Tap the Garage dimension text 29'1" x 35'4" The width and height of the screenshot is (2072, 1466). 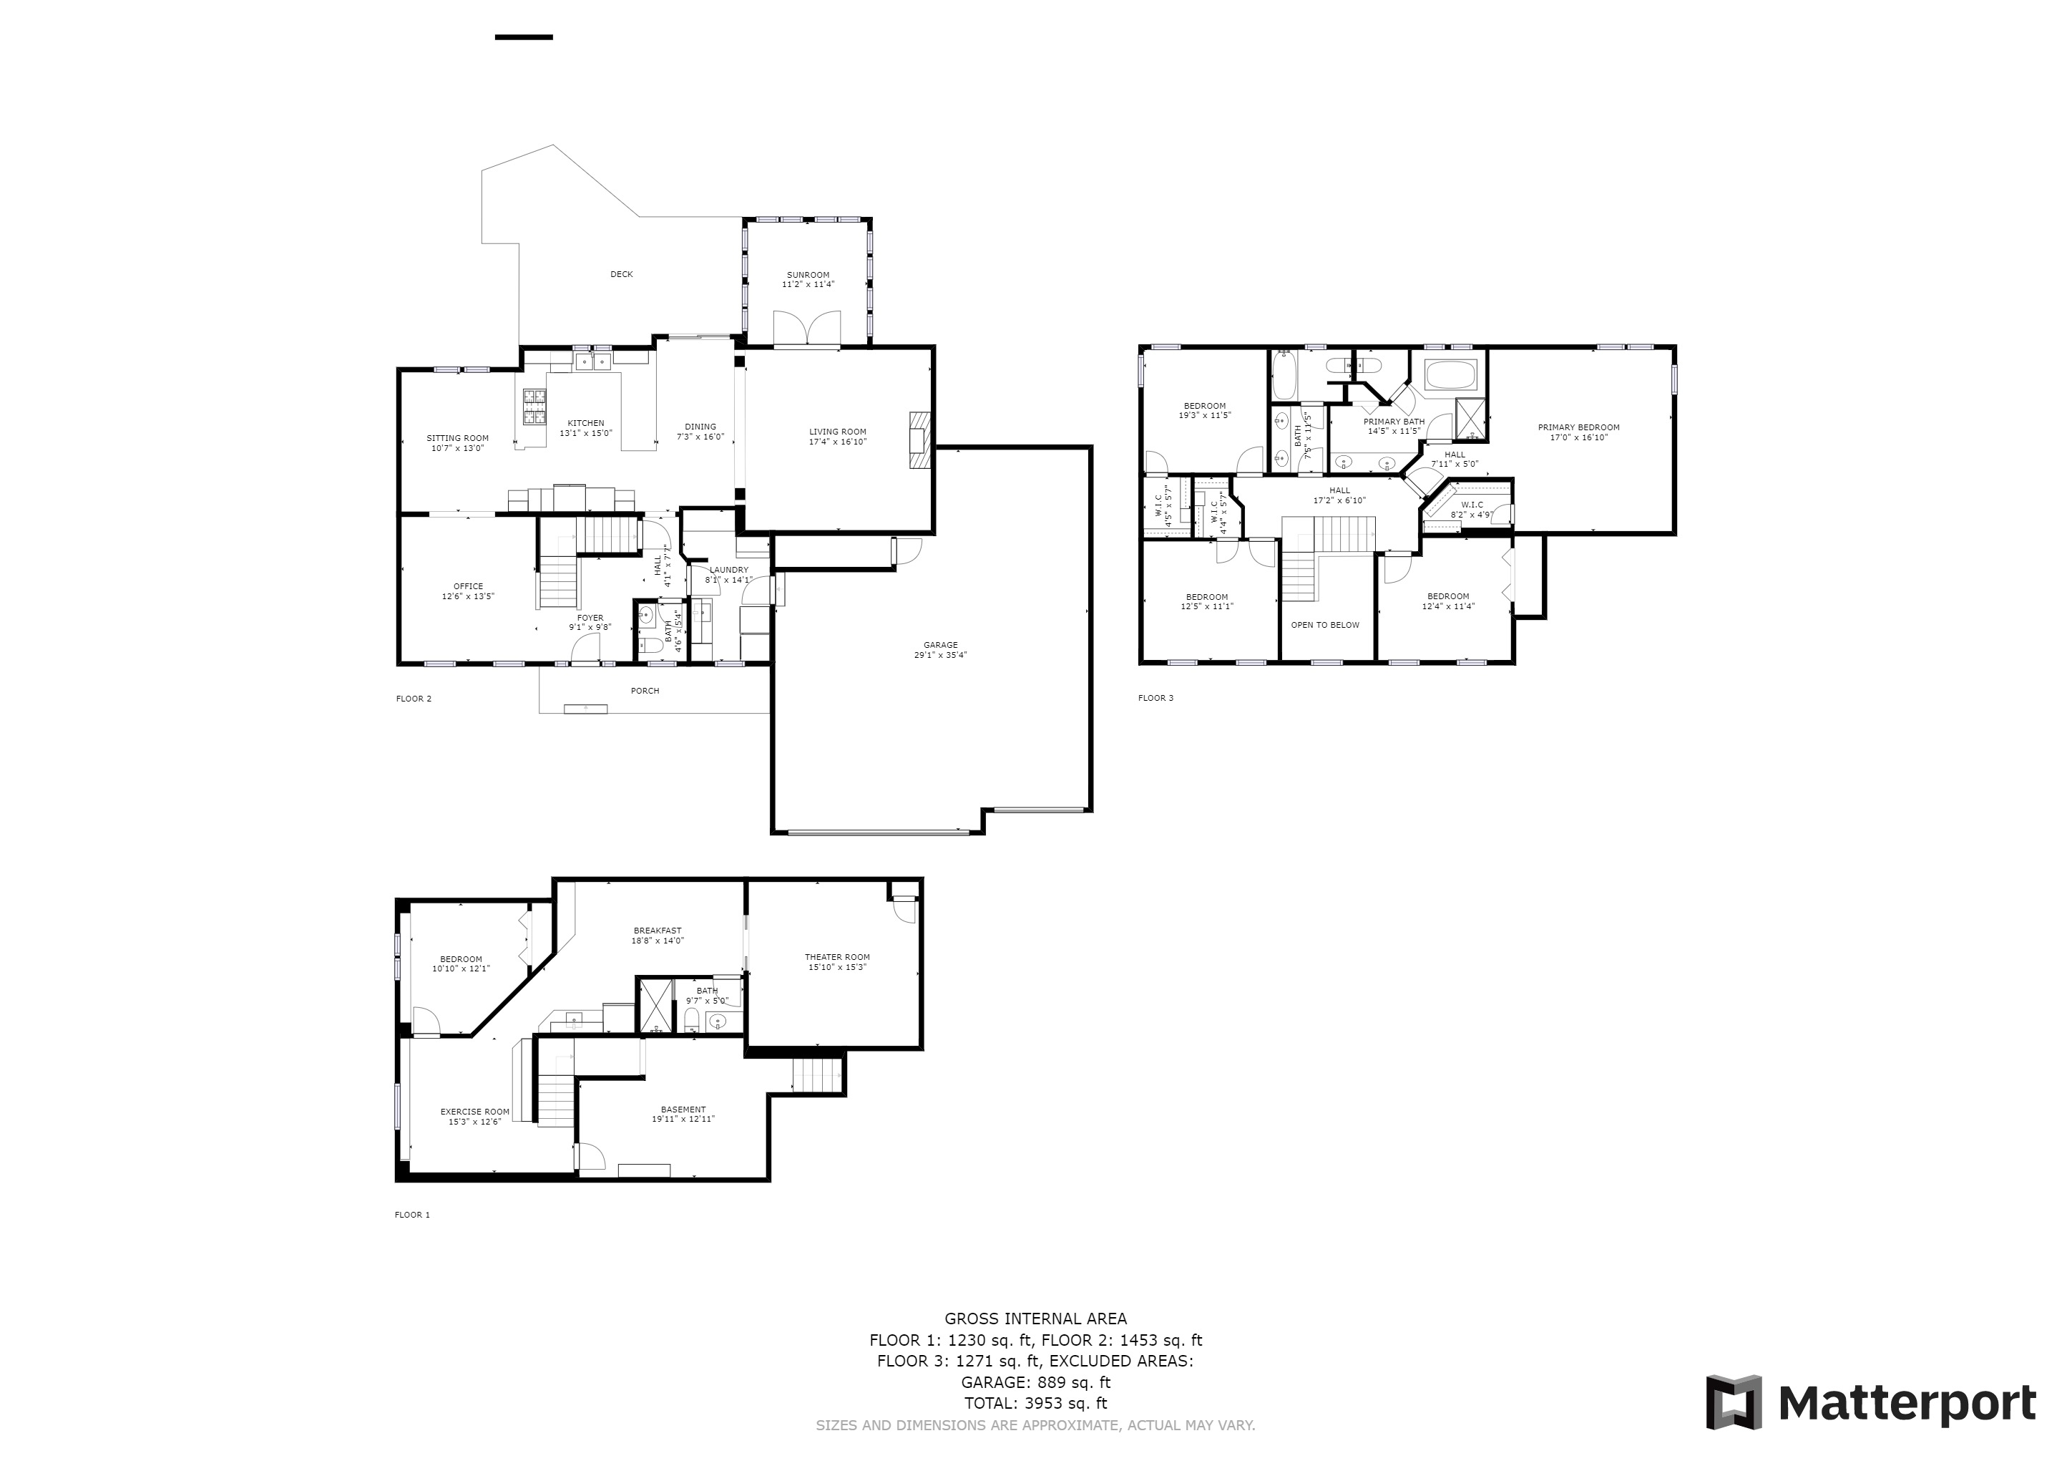point(940,656)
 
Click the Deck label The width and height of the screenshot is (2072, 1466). point(622,274)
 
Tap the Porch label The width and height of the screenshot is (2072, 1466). point(645,691)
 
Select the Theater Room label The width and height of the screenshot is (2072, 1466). point(836,957)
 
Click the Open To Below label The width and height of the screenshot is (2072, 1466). point(1325,625)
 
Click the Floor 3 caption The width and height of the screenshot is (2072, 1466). point(1155,698)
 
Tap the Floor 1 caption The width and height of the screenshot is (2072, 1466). point(412,1214)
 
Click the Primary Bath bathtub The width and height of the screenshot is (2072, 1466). point(1450,374)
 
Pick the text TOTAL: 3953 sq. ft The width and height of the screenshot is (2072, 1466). point(1035,1403)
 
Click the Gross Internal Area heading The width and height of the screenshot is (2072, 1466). point(1035,1319)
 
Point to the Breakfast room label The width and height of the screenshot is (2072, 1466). point(657,930)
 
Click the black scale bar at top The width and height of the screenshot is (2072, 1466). point(524,37)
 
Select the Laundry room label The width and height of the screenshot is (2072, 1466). point(728,570)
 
